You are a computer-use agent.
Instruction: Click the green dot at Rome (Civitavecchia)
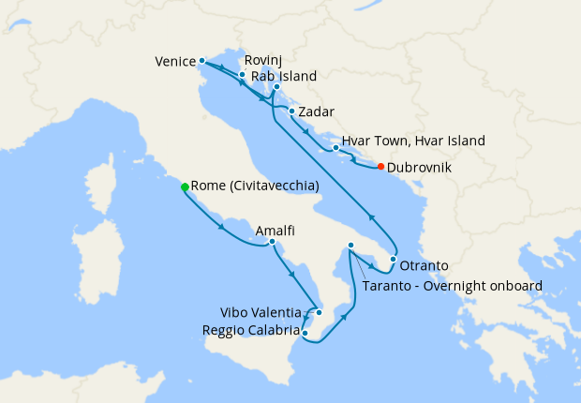pos(185,187)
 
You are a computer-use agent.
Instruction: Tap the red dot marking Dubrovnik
pos(380,167)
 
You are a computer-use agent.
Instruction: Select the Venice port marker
pos(201,61)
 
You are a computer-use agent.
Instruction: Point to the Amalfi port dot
pos(272,242)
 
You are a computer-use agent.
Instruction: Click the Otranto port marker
pos(393,259)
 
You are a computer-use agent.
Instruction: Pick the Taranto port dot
pos(350,246)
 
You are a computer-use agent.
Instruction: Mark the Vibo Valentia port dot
pos(320,312)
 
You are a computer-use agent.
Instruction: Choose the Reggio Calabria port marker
pos(305,331)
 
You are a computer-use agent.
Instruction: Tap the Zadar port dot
pos(292,112)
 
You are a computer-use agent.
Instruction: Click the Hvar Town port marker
pos(335,147)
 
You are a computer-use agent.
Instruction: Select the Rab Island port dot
pos(276,87)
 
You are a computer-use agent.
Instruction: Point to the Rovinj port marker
pos(242,74)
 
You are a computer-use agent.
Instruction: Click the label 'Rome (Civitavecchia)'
pos(255,187)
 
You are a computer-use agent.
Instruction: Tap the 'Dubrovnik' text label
pos(420,167)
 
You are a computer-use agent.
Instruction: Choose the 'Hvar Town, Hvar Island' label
pos(413,142)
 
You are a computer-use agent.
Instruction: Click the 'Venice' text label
pos(174,63)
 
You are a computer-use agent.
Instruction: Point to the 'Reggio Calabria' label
pos(250,330)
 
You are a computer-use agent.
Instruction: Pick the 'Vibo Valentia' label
pos(261,312)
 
